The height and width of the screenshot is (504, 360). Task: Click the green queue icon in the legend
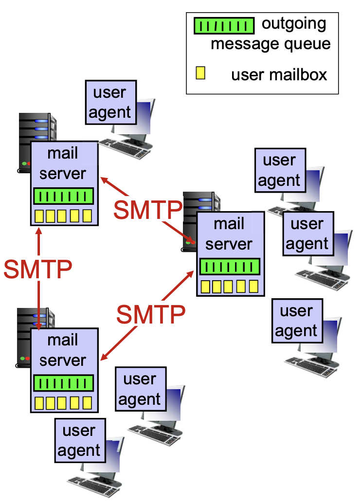[x=224, y=26]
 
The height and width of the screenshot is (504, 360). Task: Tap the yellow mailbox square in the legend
[x=200, y=73]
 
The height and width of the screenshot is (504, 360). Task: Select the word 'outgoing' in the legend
[x=294, y=23]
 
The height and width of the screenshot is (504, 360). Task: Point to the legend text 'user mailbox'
[x=279, y=74]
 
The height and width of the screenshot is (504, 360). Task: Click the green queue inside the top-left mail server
[x=63, y=197]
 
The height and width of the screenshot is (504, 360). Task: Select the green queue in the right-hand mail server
[x=230, y=267]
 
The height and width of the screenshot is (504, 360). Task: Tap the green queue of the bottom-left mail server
[x=63, y=383]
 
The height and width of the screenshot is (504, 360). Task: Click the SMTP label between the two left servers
[x=38, y=269]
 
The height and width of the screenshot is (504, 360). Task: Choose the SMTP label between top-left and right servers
[x=147, y=210]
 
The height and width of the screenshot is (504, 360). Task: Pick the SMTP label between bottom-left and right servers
[x=151, y=315]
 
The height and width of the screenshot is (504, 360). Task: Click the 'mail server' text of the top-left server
[x=63, y=163]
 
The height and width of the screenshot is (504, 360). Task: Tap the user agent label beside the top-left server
[x=110, y=103]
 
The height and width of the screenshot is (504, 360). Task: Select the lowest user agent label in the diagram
[x=79, y=440]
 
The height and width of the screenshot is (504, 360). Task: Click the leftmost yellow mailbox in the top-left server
[x=39, y=216]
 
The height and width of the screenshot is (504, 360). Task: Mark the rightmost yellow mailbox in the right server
[x=253, y=286]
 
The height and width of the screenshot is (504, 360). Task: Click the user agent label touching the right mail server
[x=307, y=234]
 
